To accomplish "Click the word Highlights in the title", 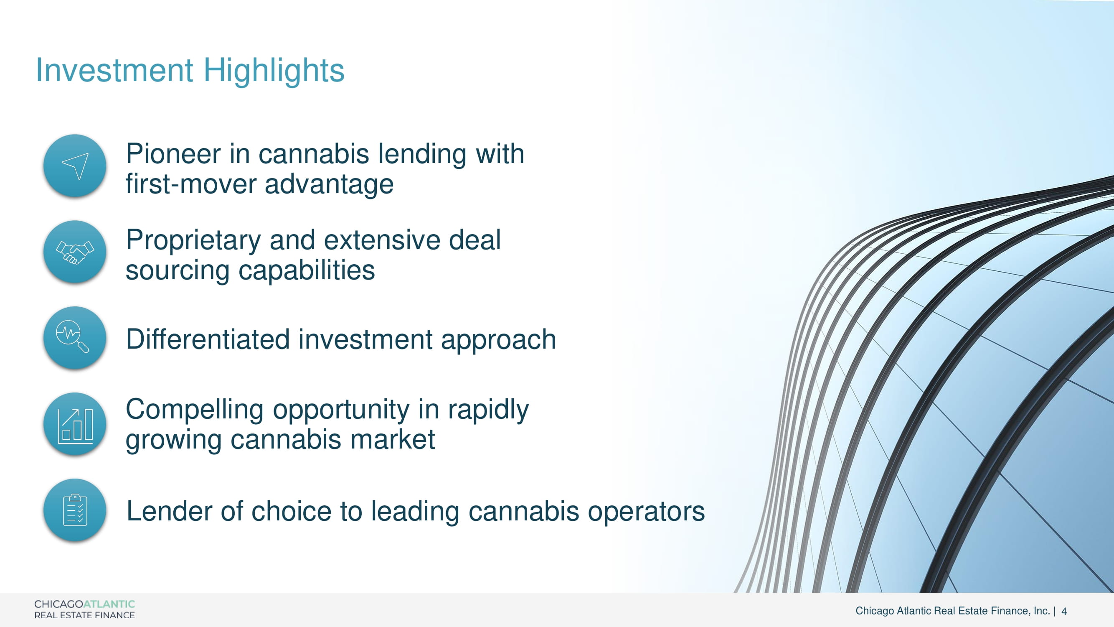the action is (274, 71).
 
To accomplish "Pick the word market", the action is (392, 439).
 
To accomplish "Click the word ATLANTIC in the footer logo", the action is (109, 604).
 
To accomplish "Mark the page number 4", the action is (1064, 612).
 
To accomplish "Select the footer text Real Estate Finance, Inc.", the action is (992, 611).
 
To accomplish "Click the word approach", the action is (498, 341).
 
